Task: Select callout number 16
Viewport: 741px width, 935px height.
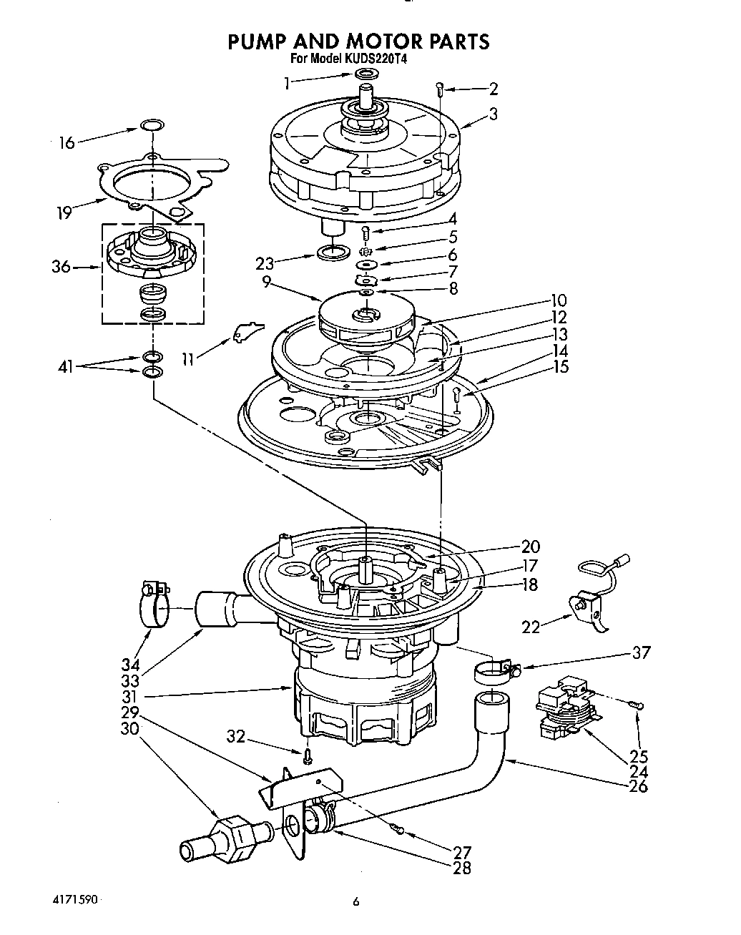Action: pos(66,143)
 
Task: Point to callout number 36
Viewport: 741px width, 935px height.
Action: pos(62,267)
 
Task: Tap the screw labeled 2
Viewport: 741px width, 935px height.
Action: pos(441,89)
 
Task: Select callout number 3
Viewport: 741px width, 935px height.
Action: pos(494,113)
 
